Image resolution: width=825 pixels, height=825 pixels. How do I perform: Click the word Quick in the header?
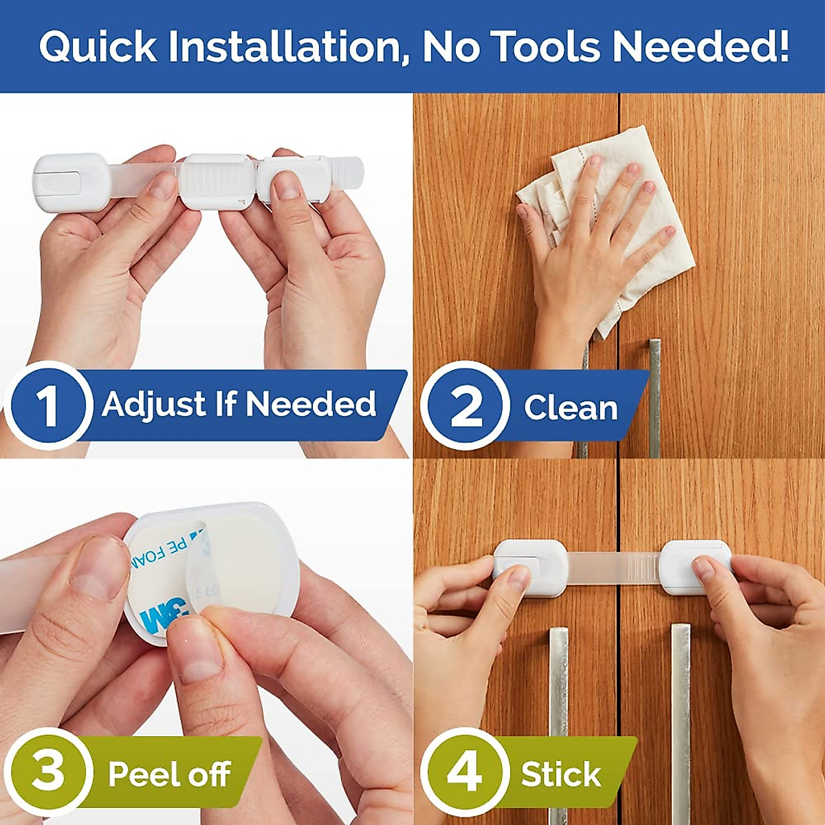98,47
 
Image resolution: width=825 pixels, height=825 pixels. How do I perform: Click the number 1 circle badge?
47,405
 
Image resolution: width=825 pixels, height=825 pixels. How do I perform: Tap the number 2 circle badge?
465,405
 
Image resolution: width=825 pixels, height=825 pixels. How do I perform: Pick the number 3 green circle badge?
47,771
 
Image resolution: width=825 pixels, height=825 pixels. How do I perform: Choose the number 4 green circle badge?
464,771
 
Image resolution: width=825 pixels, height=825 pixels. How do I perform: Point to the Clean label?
571,408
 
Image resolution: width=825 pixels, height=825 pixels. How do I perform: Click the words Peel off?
169,774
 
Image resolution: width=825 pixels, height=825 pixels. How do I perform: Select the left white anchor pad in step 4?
530,567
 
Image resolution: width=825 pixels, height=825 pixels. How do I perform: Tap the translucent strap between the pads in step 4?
612,566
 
